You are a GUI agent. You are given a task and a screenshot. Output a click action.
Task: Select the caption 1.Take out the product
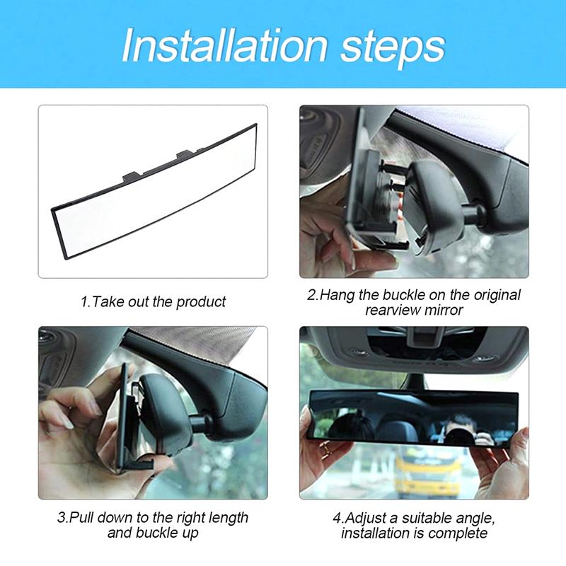(x=152, y=302)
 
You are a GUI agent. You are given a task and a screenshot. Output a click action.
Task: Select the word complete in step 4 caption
(x=462, y=533)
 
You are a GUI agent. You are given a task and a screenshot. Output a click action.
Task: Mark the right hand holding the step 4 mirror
(x=509, y=460)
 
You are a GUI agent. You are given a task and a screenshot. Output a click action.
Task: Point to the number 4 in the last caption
(x=337, y=518)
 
